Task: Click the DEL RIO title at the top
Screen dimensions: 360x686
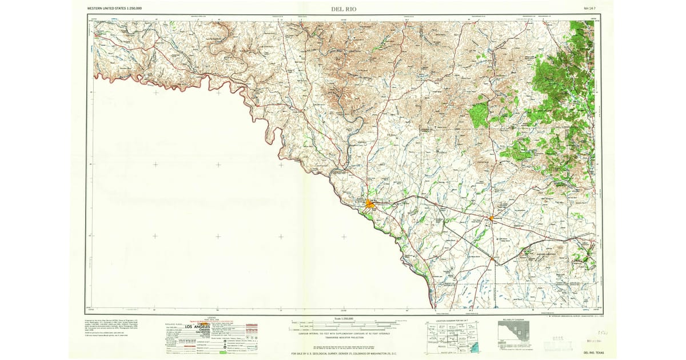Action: [343, 9]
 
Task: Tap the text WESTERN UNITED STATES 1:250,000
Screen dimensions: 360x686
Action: [115, 9]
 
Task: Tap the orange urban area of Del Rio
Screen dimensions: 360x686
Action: [370, 203]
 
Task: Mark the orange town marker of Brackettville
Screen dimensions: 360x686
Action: [491, 218]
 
